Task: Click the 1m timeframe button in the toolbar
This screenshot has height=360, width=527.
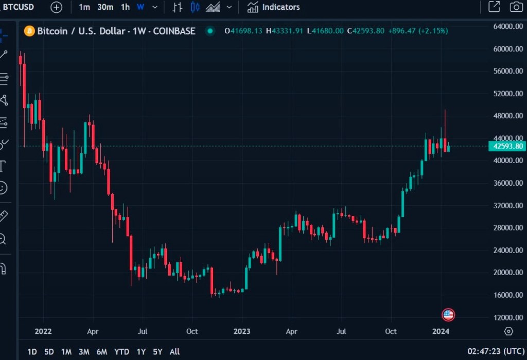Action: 84,7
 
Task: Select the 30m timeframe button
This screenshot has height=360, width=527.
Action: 105,7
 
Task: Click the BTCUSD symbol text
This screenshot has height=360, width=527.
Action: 18,7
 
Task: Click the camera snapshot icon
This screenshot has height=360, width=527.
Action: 516,7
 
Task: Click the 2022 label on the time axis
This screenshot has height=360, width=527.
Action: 42,331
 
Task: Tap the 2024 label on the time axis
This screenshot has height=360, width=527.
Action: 441,331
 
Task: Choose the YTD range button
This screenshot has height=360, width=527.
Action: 121,352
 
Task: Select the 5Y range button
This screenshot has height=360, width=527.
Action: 157,352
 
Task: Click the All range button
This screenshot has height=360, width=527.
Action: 174,352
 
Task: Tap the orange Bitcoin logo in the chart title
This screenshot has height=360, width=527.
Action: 30,31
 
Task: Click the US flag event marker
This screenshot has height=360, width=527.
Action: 448,314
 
